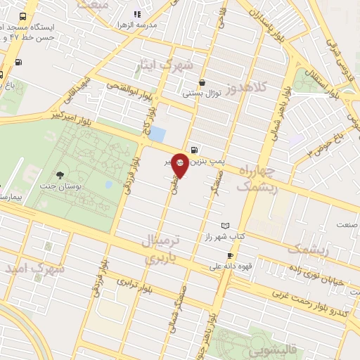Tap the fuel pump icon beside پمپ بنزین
193,149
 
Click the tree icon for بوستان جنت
59,174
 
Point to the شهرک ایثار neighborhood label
166,68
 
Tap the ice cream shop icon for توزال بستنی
202,82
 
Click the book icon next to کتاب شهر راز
225,225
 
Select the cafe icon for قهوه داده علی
229,255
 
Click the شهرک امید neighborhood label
34,269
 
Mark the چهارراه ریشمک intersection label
268,179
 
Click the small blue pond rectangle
158,134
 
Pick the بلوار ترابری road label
134,283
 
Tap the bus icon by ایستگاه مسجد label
23,16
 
